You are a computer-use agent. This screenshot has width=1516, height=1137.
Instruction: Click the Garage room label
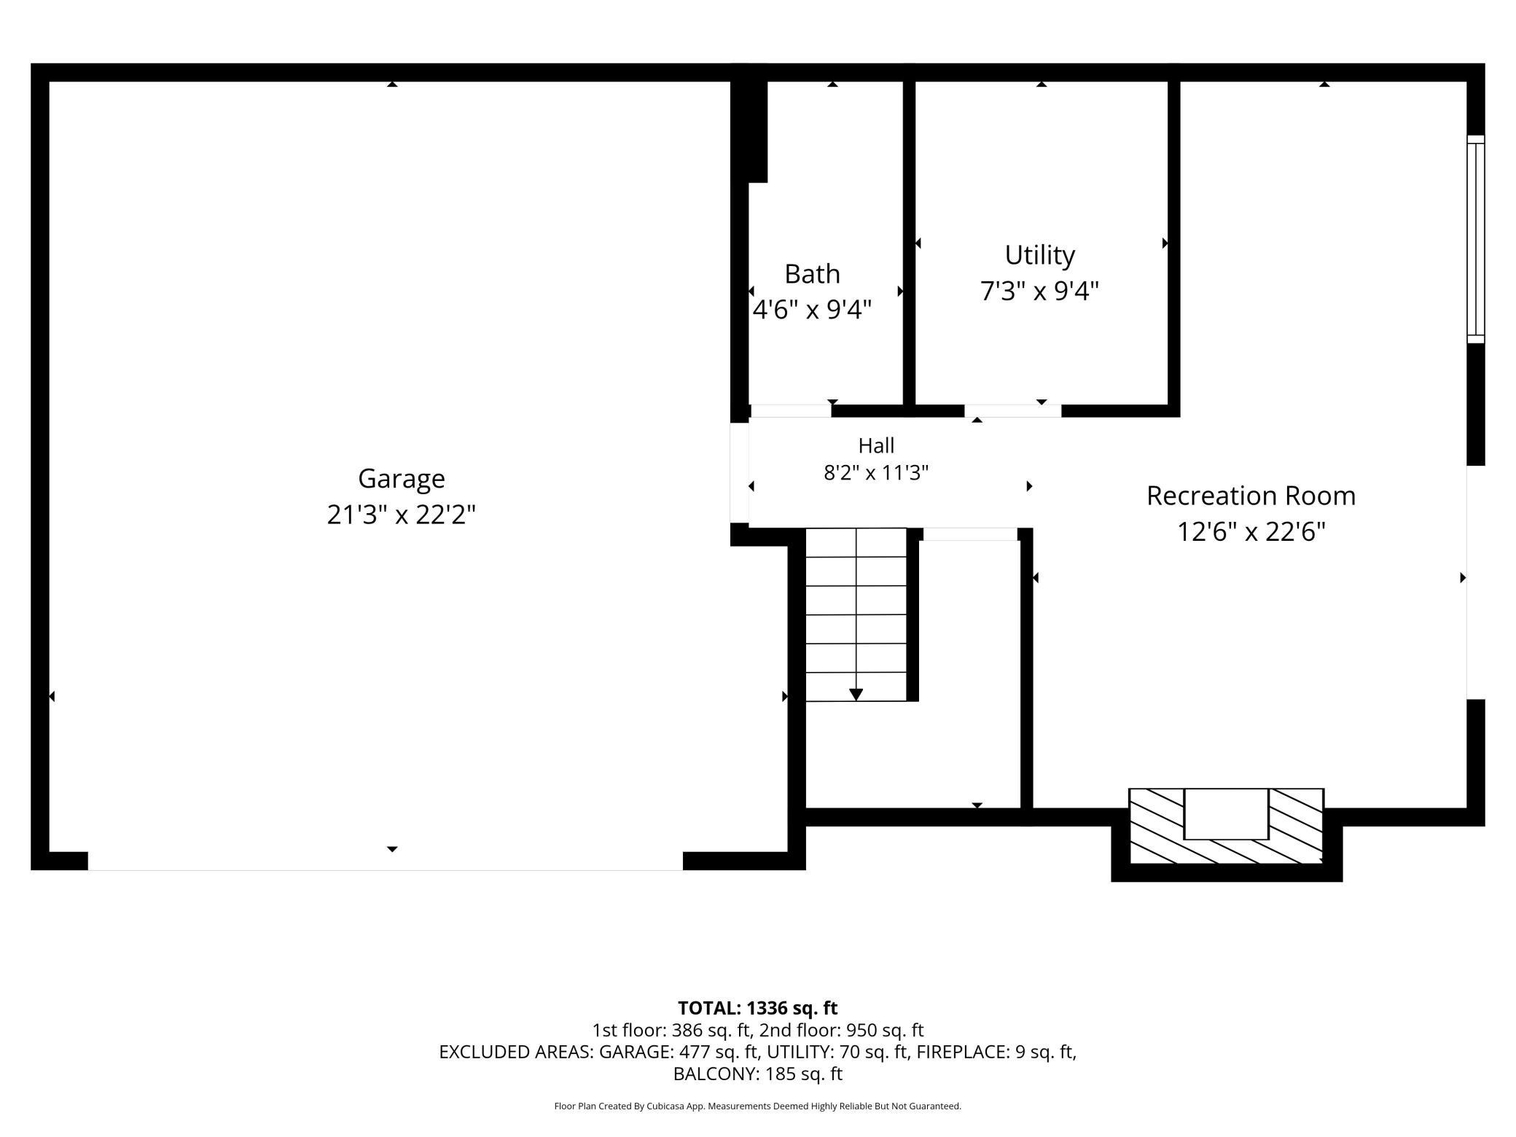(401, 479)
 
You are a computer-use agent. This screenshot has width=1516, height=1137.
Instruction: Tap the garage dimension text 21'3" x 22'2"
(401, 515)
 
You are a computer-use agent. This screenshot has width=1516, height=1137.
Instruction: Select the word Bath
(812, 274)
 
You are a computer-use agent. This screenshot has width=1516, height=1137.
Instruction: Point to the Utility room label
(1039, 255)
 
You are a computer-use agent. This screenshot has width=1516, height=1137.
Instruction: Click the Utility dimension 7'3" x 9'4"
(1039, 292)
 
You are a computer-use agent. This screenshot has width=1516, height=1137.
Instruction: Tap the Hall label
(876, 445)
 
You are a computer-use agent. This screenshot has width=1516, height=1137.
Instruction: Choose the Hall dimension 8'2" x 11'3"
(876, 473)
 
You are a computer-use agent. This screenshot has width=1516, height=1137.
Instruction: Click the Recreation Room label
(1251, 496)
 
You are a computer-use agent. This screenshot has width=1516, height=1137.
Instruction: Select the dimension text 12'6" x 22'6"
(1251, 532)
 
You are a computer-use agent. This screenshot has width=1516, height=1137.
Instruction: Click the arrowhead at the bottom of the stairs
(856, 695)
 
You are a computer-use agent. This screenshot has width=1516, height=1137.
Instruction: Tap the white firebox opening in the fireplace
(1226, 813)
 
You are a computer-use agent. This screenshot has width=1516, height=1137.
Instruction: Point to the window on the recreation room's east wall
(1475, 239)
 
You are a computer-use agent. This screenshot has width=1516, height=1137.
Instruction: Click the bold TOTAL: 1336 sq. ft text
(758, 1008)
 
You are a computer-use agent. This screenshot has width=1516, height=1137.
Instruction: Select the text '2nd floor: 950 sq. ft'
(841, 1031)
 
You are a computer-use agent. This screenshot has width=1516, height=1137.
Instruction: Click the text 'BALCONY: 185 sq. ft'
(758, 1074)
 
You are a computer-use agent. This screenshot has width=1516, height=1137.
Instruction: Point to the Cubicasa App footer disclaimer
(758, 1106)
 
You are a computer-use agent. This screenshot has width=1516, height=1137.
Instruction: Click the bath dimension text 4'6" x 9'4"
(812, 310)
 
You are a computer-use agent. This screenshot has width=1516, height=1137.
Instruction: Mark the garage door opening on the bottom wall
(386, 861)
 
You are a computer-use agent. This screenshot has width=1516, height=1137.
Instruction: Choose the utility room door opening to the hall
(1012, 411)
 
